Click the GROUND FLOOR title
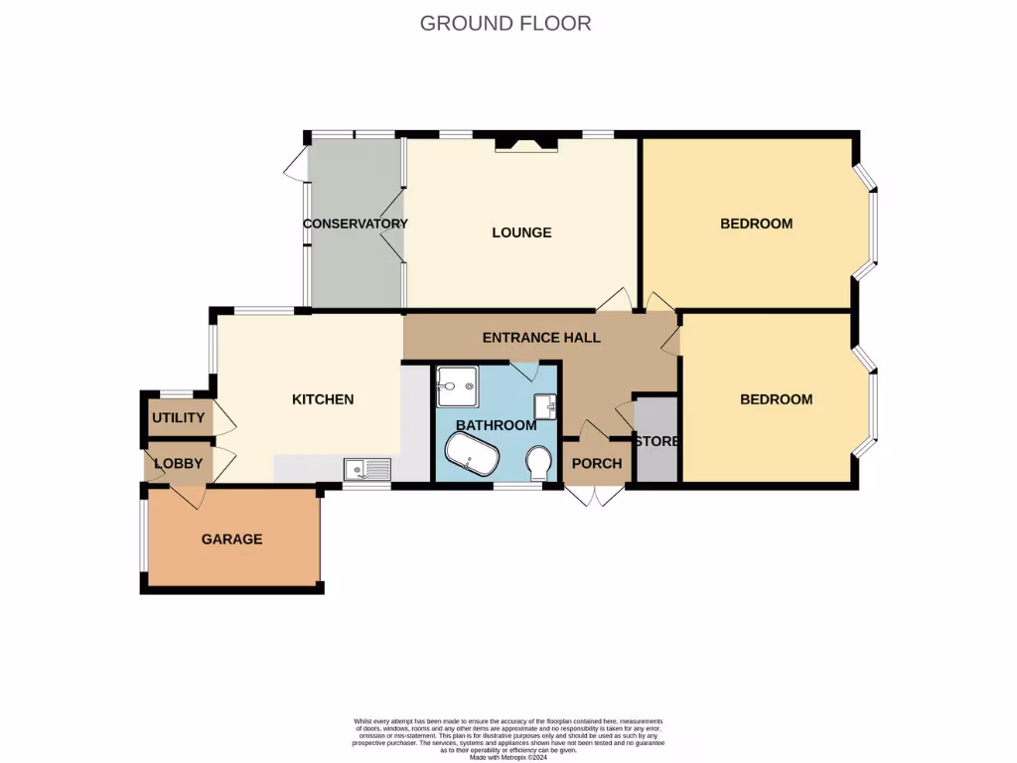506,23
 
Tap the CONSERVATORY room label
355,224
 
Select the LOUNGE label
521,232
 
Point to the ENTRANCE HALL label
541,338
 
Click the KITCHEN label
322,399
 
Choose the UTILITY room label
178,418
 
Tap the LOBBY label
178,464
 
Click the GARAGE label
231,539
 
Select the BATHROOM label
496,425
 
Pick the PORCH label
597,464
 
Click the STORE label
655,441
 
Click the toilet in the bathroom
539,463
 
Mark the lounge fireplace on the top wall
527,145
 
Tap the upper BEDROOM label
756,224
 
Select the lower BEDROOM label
776,399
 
